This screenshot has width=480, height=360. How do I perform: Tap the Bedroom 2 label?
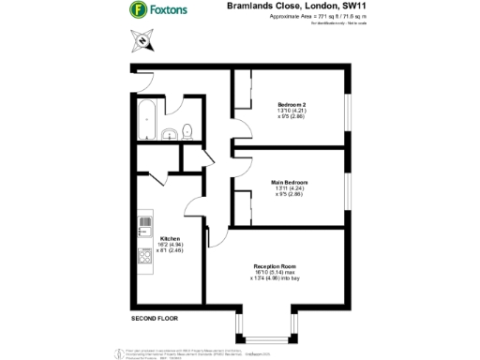pos(292,103)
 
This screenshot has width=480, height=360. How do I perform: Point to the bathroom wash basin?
pos(170,134)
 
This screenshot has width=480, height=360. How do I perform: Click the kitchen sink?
pos(145,224)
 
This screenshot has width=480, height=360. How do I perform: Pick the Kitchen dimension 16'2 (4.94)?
pos(170,245)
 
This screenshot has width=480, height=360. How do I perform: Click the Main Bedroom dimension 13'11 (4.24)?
pos(291,188)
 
